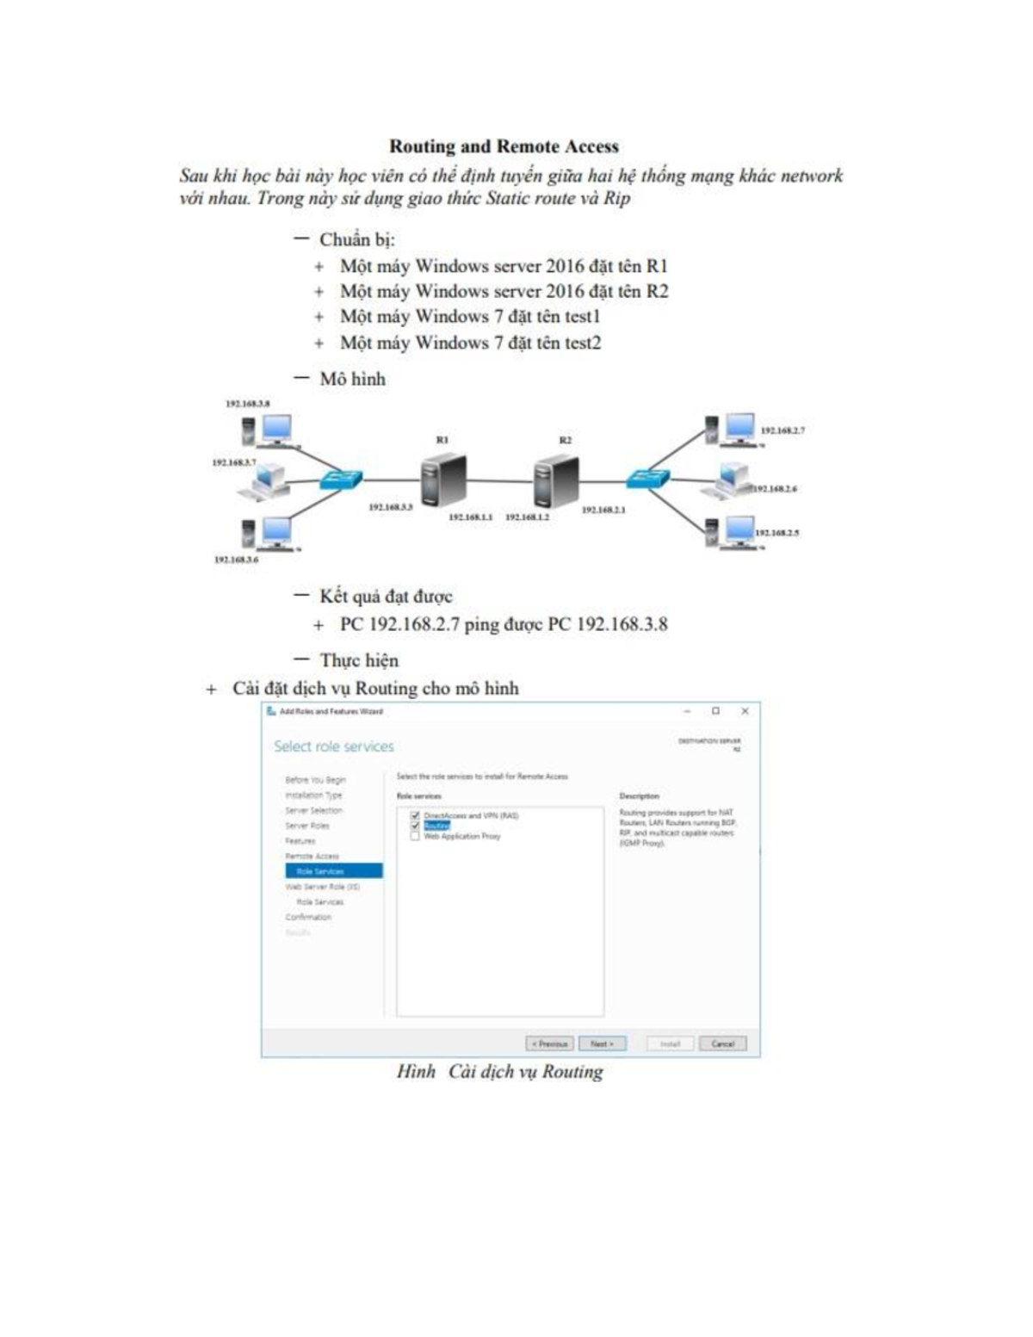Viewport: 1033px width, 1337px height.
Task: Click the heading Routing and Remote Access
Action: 504,146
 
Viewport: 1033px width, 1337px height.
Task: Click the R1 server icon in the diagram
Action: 443,480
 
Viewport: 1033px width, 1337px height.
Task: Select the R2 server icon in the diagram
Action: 555,481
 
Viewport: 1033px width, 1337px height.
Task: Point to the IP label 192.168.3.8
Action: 247,404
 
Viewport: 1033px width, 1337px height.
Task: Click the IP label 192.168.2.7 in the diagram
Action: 782,430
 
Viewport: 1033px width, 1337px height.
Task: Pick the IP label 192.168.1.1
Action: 470,517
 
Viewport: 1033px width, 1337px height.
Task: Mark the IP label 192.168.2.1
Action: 603,511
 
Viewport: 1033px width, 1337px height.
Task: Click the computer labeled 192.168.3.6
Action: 268,533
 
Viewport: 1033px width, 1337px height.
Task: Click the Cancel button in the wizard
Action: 722,1043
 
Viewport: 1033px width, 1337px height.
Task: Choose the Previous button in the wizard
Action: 549,1043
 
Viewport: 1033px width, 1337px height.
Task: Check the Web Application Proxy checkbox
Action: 415,836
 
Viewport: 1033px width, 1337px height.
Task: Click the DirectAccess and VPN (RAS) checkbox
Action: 415,815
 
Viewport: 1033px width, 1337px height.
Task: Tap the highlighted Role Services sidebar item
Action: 333,871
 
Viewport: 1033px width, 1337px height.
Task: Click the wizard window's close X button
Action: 745,711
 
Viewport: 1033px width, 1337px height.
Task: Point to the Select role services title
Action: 334,746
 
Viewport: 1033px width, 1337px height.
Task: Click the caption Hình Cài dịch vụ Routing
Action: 499,1072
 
